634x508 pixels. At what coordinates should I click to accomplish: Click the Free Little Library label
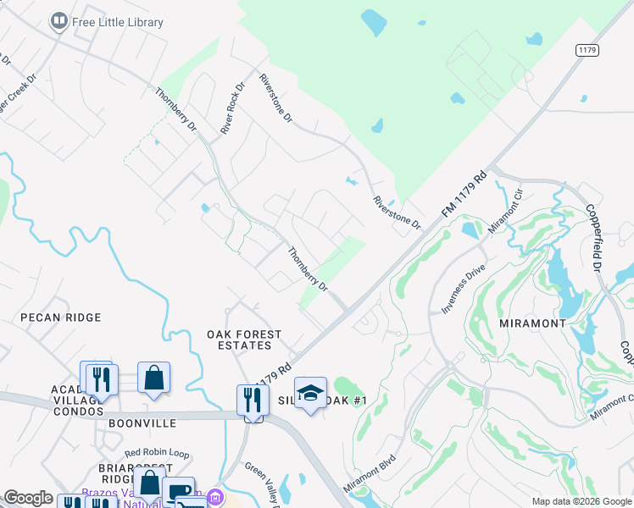(117, 22)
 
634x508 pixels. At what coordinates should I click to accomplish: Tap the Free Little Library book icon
(59, 21)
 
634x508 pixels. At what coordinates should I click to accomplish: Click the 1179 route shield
(587, 51)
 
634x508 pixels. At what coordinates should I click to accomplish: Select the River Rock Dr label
(232, 108)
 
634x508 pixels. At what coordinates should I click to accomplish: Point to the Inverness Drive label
(463, 289)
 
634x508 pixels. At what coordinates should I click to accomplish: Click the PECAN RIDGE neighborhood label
(62, 317)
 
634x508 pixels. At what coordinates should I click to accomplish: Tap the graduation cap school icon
(311, 393)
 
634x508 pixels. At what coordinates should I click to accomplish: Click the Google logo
(27, 498)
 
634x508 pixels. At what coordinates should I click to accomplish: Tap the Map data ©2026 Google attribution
(581, 501)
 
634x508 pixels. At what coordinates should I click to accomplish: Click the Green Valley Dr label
(264, 483)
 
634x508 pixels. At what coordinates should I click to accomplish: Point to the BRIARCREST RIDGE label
(129, 476)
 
